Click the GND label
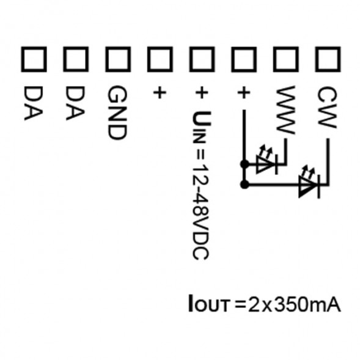117,112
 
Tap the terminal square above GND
118,59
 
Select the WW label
285,110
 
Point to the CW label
327,107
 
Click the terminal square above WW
286,59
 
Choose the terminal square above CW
328,59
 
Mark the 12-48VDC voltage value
200,211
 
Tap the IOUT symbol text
209,304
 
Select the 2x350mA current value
295,304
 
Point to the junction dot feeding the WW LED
244,164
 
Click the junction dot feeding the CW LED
244,185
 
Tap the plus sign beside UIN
202,93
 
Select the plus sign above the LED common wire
243,93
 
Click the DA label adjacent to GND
75,103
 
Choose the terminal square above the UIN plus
202,59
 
